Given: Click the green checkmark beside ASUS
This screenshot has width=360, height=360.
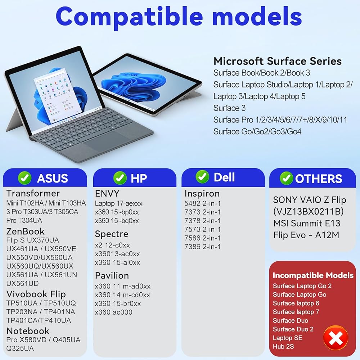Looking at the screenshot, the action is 24,178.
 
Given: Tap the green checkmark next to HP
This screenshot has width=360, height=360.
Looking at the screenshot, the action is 120,178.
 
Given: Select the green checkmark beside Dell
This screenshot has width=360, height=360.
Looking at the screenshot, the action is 202,177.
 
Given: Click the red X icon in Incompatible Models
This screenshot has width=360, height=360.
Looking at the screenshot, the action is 336,338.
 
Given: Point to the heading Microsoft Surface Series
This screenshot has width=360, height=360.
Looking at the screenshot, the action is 277,61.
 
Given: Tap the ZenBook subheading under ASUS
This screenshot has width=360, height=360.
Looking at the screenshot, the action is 25,231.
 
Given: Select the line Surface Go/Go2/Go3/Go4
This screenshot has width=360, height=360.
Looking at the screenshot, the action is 257,131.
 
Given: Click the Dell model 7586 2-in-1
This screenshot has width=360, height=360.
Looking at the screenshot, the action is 202,238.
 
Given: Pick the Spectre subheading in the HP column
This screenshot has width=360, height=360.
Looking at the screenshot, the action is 112,234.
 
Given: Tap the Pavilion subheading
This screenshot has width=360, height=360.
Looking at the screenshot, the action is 112,275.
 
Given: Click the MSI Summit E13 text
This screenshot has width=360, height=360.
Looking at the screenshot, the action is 307,223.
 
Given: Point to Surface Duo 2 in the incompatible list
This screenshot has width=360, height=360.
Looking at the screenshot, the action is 293,329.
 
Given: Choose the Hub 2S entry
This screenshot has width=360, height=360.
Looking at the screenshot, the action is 283,346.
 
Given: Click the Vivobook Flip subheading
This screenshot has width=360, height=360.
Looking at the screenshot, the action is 36,294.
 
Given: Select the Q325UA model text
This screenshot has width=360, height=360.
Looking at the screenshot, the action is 20,348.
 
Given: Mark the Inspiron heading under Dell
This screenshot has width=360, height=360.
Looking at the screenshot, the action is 202,194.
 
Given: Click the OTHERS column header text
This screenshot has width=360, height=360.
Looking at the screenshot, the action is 319,179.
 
